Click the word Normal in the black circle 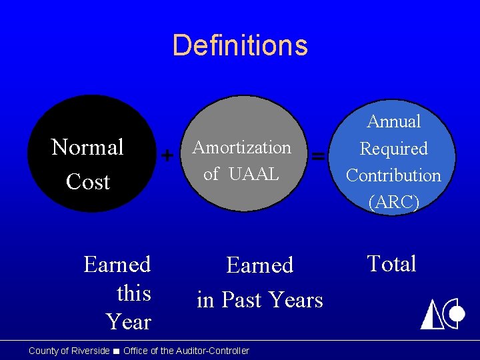(x=87, y=147)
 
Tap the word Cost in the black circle (x=87, y=182)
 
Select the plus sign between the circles (x=167, y=156)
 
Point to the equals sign (x=319, y=156)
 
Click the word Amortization (x=241, y=147)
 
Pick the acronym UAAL (x=254, y=174)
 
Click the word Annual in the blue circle (x=393, y=121)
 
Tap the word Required (x=393, y=149)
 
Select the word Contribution (x=393, y=175)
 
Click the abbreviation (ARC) (x=393, y=203)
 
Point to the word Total (x=391, y=264)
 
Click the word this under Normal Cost (x=133, y=293)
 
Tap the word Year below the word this (x=129, y=322)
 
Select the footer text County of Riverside (x=69, y=351)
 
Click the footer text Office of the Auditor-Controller (x=186, y=351)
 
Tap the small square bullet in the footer (x=116, y=351)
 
